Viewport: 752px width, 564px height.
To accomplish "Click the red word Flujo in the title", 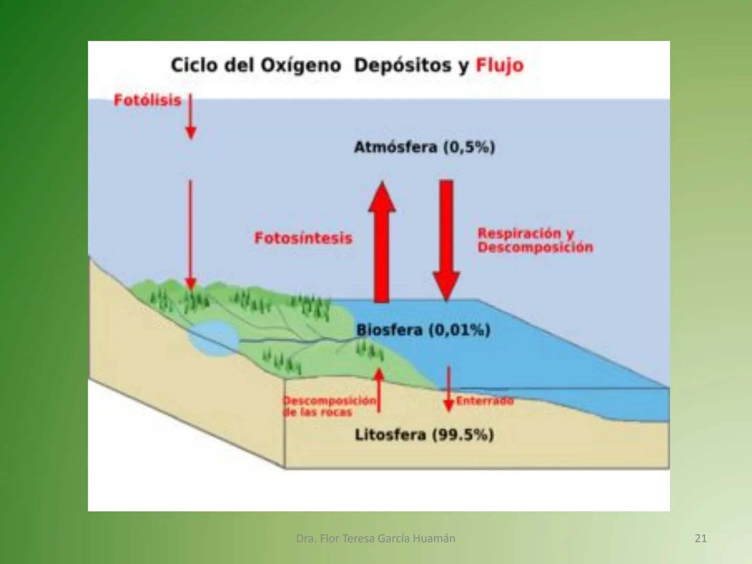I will pyautogui.click(x=499, y=66).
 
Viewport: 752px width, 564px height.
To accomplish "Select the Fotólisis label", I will pyautogui.click(x=147, y=100).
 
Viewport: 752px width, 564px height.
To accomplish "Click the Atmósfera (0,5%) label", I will pyautogui.click(x=424, y=147).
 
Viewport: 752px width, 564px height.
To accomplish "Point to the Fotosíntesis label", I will pyautogui.click(x=303, y=238).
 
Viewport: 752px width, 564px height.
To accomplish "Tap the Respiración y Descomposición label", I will pyautogui.click(x=535, y=240).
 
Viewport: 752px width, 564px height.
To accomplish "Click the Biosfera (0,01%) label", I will pyautogui.click(x=423, y=330).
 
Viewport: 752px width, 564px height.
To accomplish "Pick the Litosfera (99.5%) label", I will pyautogui.click(x=424, y=434).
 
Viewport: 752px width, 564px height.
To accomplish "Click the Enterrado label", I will pyautogui.click(x=485, y=401).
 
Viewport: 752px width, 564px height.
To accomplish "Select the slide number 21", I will pyautogui.click(x=700, y=538).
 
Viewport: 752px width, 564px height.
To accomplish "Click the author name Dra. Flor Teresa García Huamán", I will pyautogui.click(x=375, y=538).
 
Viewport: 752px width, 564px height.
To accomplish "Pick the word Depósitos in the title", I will pyautogui.click(x=402, y=66).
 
